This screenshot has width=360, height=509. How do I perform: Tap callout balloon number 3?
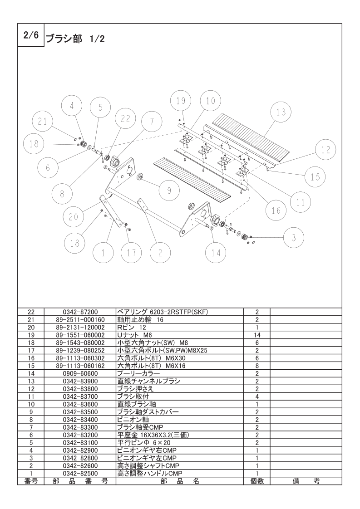pos(294,237)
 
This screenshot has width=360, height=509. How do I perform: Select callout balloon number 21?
pos(43,121)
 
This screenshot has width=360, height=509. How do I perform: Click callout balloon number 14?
pos(216,253)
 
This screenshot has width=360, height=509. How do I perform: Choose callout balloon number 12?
pos(326,150)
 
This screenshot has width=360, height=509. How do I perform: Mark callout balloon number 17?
pos(132,253)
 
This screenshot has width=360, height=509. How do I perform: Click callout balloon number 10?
pos(210,101)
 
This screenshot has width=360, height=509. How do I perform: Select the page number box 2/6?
pos(30,34)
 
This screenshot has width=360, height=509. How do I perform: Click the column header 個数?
pos(257,481)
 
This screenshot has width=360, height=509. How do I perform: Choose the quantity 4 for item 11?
pos(257,396)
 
